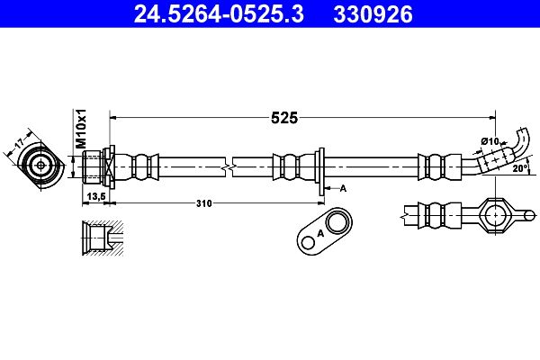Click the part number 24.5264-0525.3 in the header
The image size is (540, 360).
(219, 14)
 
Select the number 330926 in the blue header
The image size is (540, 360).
(373, 14)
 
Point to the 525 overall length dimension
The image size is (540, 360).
(284, 118)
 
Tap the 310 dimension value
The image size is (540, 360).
(204, 203)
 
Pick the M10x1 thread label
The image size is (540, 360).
(81, 129)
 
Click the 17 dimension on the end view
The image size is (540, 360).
(19, 142)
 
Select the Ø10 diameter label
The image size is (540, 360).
(490, 141)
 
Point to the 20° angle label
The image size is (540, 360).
(520, 168)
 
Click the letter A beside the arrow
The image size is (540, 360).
(343, 188)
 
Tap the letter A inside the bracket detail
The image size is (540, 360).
(320, 233)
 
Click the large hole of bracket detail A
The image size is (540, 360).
(337, 222)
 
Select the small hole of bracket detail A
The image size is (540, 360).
(308, 243)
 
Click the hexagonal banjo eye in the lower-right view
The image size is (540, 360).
(495, 215)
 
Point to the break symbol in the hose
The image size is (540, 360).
(229, 167)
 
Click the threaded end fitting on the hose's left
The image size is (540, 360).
(93, 167)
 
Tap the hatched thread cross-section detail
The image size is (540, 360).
(103, 238)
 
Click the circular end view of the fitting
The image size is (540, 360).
(40, 166)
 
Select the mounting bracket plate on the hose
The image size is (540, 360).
(321, 172)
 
